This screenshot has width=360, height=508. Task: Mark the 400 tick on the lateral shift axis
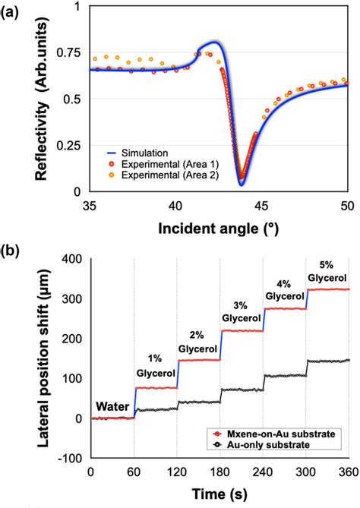pyautogui.click(x=72, y=259)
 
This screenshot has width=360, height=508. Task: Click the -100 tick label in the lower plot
pyautogui.click(x=70, y=458)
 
